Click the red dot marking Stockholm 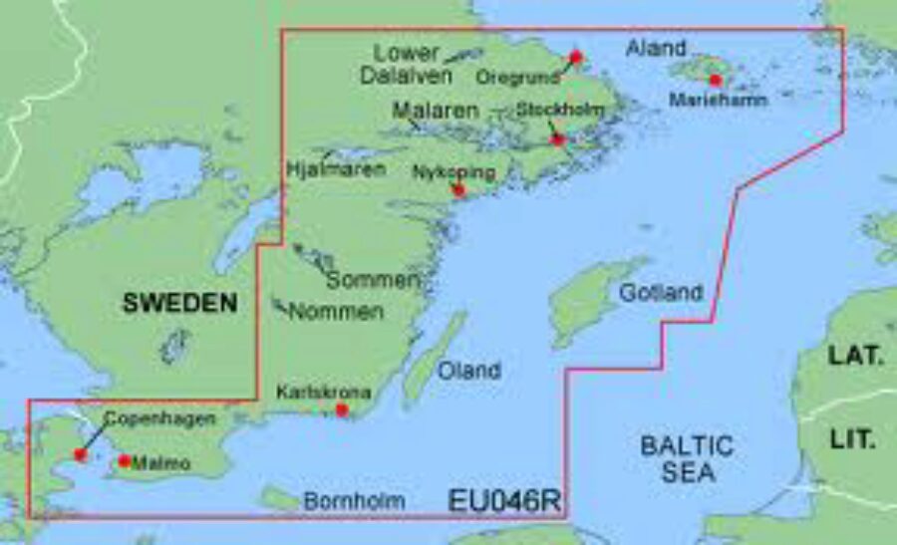(x=558, y=139)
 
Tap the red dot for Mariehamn (x=715, y=80)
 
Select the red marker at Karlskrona (x=342, y=409)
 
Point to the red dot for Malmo (x=125, y=460)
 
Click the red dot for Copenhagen (x=81, y=455)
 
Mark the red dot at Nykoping (x=458, y=189)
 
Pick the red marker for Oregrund (x=575, y=57)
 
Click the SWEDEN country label (x=180, y=304)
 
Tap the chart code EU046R (x=504, y=500)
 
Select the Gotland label (x=661, y=293)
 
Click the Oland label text (x=469, y=371)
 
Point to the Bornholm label (x=354, y=501)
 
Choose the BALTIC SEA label (x=687, y=458)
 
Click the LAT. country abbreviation (x=855, y=354)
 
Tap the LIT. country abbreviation (x=853, y=438)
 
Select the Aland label (x=656, y=47)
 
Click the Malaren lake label (x=436, y=111)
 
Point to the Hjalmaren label (x=336, y=169)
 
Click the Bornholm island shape (x=280, y=497)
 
